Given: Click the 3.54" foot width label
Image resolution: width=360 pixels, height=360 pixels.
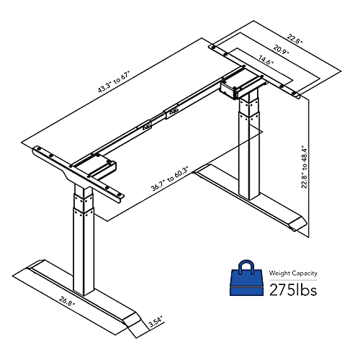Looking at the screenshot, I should click(x=154, y=324).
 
